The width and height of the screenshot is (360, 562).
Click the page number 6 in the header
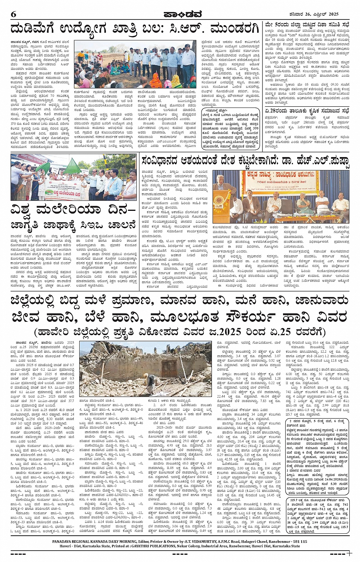(x=14, y=14)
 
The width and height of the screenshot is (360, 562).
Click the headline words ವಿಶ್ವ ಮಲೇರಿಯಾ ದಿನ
(x=73, y=211)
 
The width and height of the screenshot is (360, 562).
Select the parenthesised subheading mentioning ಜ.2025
(x=180, y=332)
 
